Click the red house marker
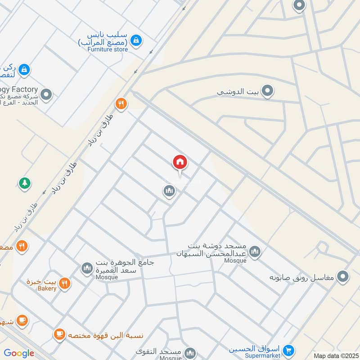[x=180, y=162]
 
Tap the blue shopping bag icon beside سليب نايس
[x=135, y=40]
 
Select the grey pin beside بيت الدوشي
[x=268, y=91]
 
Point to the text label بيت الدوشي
[x=238, y=92]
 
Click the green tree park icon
[x=24, y=183]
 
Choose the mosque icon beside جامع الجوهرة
[x=86, y=269]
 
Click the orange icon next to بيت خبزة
[x=65, y=283]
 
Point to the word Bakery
[x=47, y=288]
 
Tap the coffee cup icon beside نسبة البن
[x=59, y=334]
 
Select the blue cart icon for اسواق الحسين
[x=289, y=349]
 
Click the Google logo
[x=19, y=353]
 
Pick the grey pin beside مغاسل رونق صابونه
[x=343, y=276]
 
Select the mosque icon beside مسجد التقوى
[x=190, y=352]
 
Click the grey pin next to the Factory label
[x=45, y=94]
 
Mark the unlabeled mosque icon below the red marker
[x=169, y=191]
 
